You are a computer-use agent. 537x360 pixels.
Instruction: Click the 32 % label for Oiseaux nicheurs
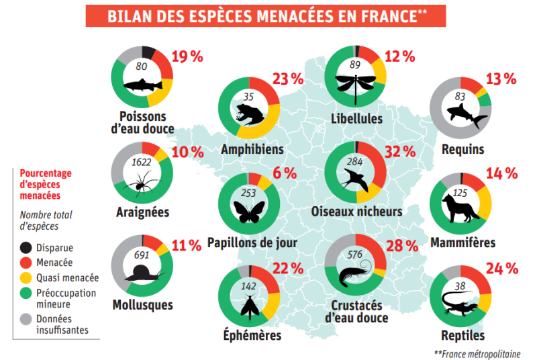(401, 151)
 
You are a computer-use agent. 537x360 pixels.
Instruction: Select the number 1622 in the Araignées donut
(142, 162)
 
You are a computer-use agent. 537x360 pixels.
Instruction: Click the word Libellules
(356, 119)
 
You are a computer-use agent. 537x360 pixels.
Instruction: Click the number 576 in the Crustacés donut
(355, 254)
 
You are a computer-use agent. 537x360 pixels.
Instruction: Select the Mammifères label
(463, 242)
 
